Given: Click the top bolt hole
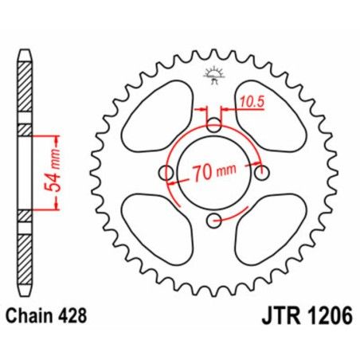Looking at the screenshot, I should point(213,126).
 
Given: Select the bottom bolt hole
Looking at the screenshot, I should point(213,221).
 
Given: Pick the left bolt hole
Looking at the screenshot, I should point(166,174).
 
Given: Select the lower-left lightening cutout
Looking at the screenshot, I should point(156,232).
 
